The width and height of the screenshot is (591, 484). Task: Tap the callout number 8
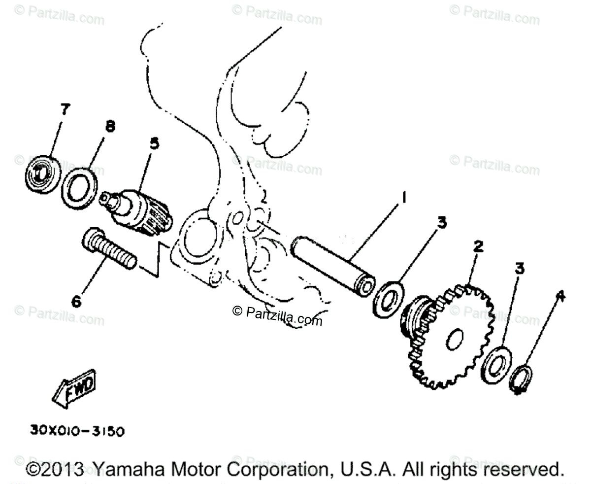pos(110,127)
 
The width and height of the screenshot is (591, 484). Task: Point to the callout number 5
pos(154,143)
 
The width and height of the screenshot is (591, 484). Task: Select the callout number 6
pos(77,300)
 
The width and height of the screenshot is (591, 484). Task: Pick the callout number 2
pos(477,246)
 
